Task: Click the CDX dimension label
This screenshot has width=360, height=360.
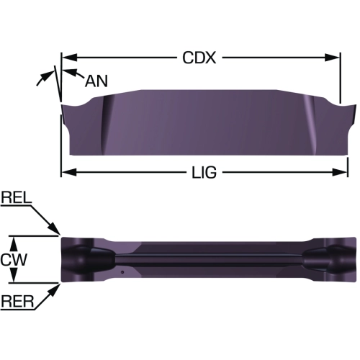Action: [199, 58]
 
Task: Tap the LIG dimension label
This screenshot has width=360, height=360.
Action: [204, 172]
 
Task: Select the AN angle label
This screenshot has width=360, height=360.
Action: [96, 81]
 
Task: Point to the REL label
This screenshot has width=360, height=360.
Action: [16, 198]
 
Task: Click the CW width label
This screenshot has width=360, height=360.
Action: [14, 259]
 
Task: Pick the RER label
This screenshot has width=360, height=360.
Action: [17, 302]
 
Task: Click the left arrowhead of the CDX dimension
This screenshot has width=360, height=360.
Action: [69, 58]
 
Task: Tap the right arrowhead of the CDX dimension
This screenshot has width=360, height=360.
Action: [333, 58]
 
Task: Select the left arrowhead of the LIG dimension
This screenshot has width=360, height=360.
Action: [69, 172]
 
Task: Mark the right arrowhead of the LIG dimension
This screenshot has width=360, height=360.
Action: [340, 172]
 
